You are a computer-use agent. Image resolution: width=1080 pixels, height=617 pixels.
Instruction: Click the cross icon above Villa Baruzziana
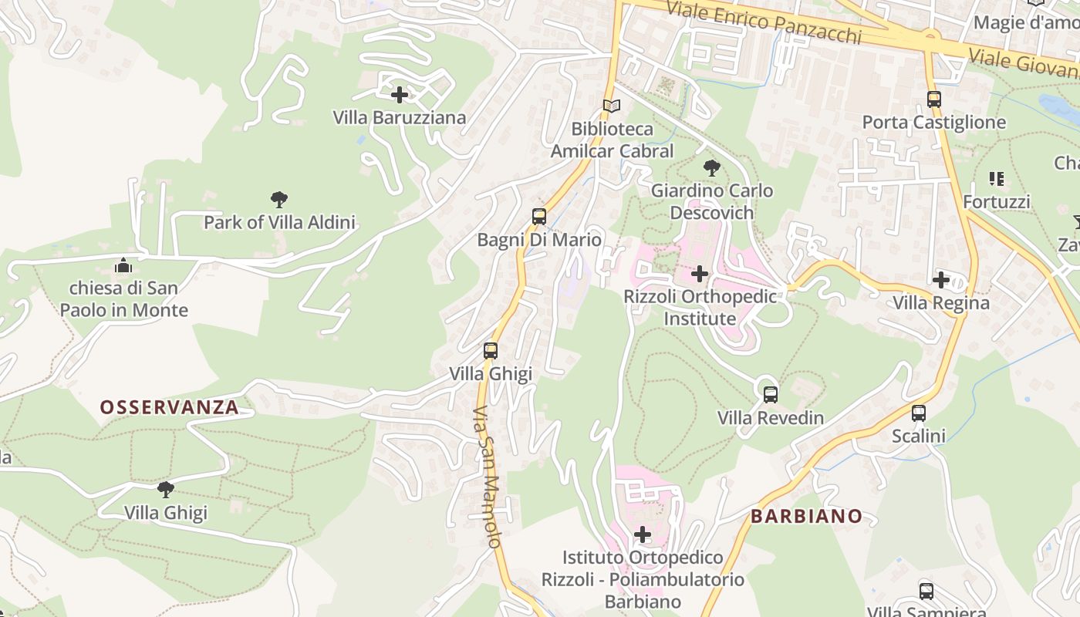click(x=400, y=95)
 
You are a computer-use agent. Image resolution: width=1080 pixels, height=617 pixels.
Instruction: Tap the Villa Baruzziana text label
click(x=400, y=118)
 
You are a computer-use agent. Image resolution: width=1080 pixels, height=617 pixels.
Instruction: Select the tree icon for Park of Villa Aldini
click(x=279, y=200)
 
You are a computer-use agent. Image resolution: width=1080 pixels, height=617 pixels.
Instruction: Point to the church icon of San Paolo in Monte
click(x=123, y=265)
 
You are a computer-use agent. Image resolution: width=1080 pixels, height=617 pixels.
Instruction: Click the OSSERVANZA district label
click(x=169, y=407)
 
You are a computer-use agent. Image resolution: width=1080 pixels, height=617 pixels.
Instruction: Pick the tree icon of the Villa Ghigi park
click(x=165, y=489)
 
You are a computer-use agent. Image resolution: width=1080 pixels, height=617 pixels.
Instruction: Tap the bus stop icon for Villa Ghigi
click(x=491, y=351)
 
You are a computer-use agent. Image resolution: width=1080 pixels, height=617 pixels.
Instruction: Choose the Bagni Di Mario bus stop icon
click(x=539, y=217)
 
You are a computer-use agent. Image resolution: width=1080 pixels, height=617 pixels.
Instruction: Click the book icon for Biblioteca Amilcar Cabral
click(x=612, y=106)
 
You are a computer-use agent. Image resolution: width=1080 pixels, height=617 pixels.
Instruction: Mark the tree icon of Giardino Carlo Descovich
click(x=711, y=167)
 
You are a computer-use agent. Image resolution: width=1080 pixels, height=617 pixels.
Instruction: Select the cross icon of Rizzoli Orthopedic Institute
click(x=700, y=273)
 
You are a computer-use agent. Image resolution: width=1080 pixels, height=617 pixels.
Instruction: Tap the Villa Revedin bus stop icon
click(x=770, y=395)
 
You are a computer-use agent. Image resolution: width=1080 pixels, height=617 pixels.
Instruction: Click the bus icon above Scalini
click(x=918, y=413)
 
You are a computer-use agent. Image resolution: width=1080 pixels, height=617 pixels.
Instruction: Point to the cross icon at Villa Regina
click(x=940, y=280)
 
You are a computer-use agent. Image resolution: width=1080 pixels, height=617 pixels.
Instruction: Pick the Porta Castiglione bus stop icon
click(x=933, y=99)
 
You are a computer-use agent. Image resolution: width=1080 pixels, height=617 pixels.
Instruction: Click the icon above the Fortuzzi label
click(x=996, y=179)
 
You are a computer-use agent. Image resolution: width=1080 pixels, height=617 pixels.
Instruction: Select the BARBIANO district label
click(x=806, y=516)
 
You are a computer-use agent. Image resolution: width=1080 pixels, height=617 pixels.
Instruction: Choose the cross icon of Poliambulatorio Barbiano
click(x=642, y=534)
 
